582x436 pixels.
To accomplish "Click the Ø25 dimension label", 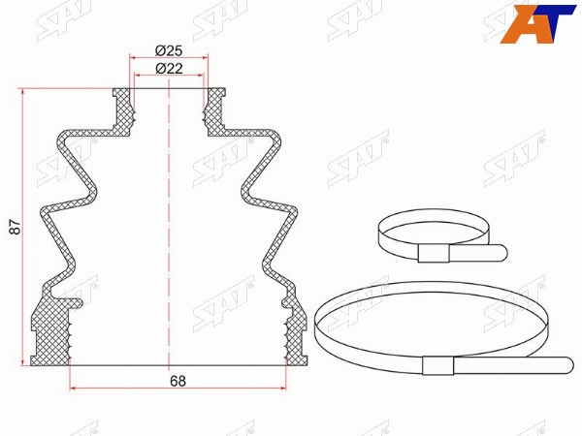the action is (x=169, y=50).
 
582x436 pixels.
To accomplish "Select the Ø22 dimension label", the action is (x=169, y=69).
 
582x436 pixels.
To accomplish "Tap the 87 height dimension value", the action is (x=16, y=227).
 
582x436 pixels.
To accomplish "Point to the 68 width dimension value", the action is (x=178, y=381).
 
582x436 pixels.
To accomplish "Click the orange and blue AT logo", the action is (x=537, y=24).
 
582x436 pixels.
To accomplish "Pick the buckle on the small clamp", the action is (x=434, y=253).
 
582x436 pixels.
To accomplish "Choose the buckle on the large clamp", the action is (x=438, y=365).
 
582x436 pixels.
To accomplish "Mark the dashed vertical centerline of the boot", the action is (x=169, y=225).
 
